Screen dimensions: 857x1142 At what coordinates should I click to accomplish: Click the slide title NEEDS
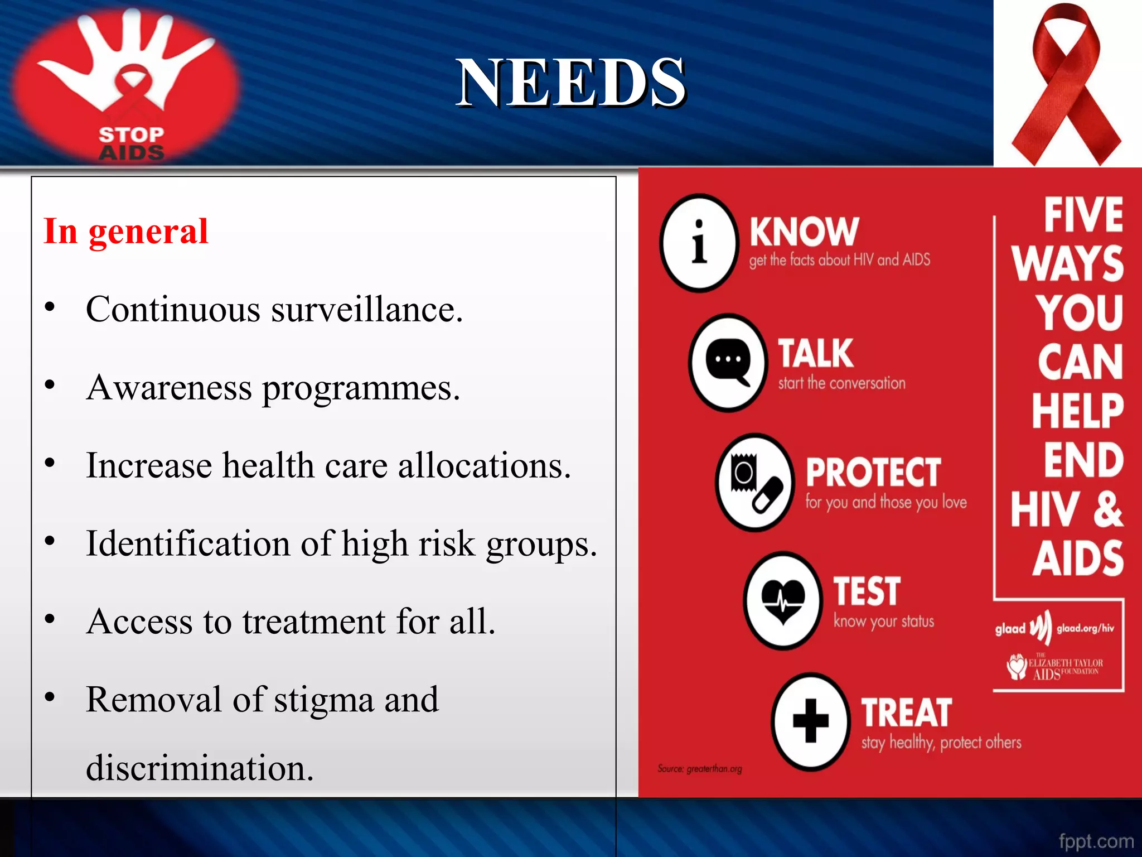pyautogui.click(x=570, y=84)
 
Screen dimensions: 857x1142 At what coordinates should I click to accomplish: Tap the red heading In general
pyautogui.click(x=126, y=232)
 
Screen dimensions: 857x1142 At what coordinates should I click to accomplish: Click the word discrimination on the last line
pyautogui.click(x=199, y=768)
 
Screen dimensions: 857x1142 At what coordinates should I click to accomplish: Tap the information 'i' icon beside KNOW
pyautogui.click(x=699, y=243)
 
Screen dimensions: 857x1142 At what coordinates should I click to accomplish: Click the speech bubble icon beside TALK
pyautogui.click(x=728, y=363)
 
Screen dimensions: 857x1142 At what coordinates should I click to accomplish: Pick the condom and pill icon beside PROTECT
pyautogui.click(x=754, y=483)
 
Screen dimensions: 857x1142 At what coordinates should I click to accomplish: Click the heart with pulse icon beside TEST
pyautogui.click(x=783, y=601)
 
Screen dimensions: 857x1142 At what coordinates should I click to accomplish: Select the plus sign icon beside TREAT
pyautogui.click(x=811, y=721)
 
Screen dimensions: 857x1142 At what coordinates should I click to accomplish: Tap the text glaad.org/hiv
pyautogui.click(x=1085, y=628)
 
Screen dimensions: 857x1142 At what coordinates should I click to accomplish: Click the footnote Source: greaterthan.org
pyautogui.click(x=700, y=769)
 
